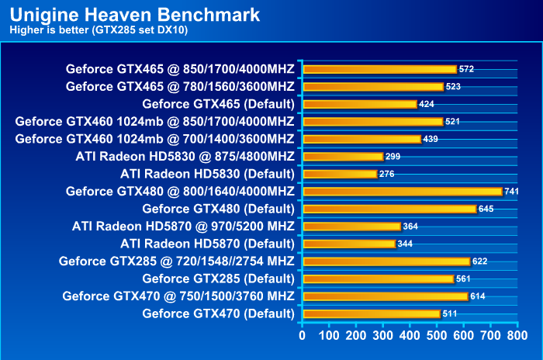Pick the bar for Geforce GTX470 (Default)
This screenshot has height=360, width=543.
click(x=371, y=313)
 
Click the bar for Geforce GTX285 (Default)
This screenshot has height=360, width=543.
click(x=378, y=279)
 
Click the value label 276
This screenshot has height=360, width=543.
click(x=387, y=174)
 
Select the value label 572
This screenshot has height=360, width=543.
click(x=466, y=69)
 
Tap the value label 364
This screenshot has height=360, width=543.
click(x=411, y=227)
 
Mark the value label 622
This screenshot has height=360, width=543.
click(x=479, y=261)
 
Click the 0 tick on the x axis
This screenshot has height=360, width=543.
click(x=303, y=337)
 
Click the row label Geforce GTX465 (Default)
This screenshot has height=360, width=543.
click(x=218, y=104)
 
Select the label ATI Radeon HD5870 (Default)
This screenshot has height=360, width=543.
click(x=207, y=244)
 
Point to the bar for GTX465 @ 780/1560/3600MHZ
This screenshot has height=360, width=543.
click(x=372, y=86)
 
